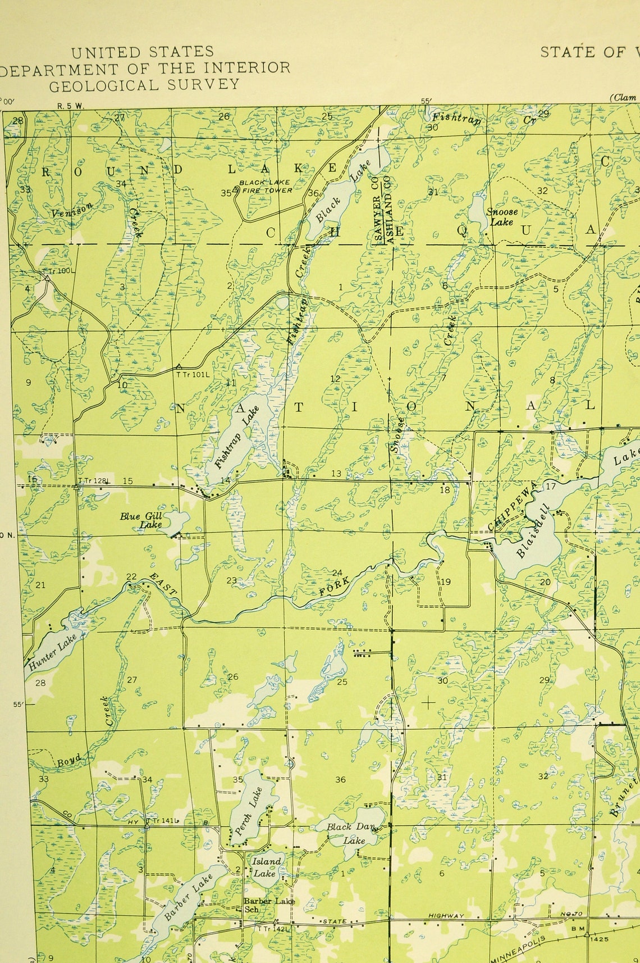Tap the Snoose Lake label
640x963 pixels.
[x=501, y=217]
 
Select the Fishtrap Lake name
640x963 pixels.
[x=236, y=437]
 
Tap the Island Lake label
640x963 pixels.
[x=266, y=867]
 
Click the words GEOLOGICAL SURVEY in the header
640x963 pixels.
[x=144, y=85]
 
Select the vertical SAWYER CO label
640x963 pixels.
[x=377, y=209]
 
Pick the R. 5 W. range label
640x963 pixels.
[x=70, y=105]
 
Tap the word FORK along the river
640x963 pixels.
[x=335, y=586]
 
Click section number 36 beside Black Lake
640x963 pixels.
[x=313, y=193]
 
